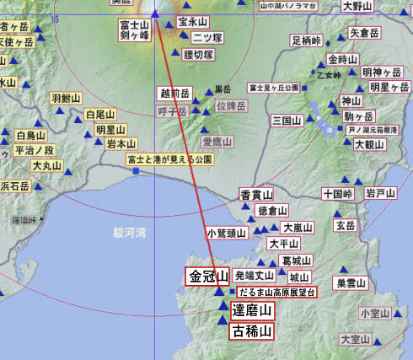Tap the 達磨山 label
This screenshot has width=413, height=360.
point(252,311)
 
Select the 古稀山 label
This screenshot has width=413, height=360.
point(252,331)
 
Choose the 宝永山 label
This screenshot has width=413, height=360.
point(193,21)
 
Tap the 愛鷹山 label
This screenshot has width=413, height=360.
point(215,141)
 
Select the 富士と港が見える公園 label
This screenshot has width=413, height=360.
point(169,159)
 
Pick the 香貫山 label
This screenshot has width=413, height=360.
point(254,194)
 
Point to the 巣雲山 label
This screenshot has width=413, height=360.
point(351,283)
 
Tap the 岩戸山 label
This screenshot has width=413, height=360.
point(380,194)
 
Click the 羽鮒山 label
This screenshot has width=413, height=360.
point(65,99)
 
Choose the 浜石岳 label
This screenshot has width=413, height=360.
point(14,185)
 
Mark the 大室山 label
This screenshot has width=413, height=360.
point(355,339)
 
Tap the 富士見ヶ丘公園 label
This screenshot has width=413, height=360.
point(274,87)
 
